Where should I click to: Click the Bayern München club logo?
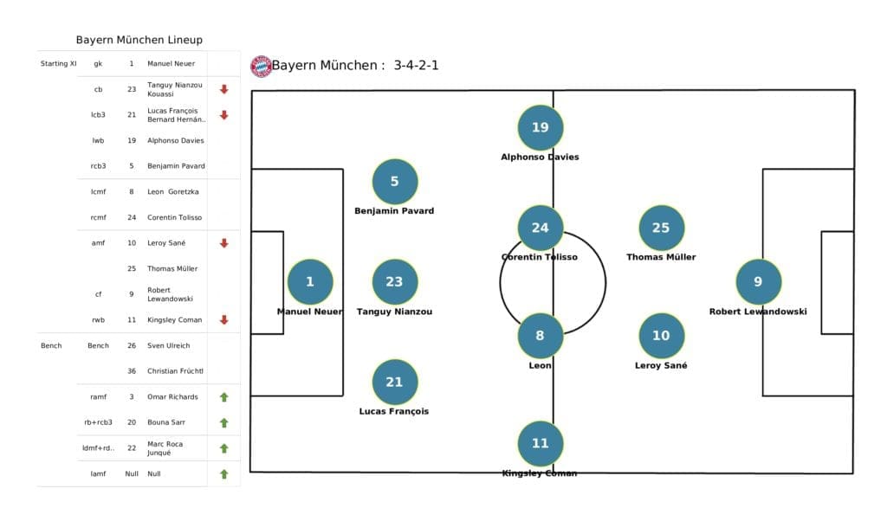[261, 66]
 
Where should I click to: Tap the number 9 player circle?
[758, 281]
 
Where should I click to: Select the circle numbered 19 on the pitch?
[540, 127]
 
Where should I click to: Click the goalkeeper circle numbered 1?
[310, 281]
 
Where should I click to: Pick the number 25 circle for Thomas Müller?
[661, 228]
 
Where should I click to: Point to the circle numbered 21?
[394, 382]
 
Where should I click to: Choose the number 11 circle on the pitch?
[540, 443]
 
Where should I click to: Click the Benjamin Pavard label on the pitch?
[394, 211]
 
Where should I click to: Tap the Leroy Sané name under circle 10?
[661, 366]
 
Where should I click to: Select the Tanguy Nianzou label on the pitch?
[394, 312]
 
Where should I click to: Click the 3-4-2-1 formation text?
[416, 65]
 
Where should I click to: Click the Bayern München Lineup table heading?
[139, 40]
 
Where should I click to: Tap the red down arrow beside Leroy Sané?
[223, 243]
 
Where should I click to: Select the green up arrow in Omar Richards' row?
[223, 397]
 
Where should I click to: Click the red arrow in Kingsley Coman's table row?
[223, 319]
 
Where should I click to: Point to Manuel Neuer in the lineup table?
[171, 63]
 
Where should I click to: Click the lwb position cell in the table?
[98, 140]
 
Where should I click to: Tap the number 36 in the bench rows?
[131, 371]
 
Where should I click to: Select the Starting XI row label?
[58, 63]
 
